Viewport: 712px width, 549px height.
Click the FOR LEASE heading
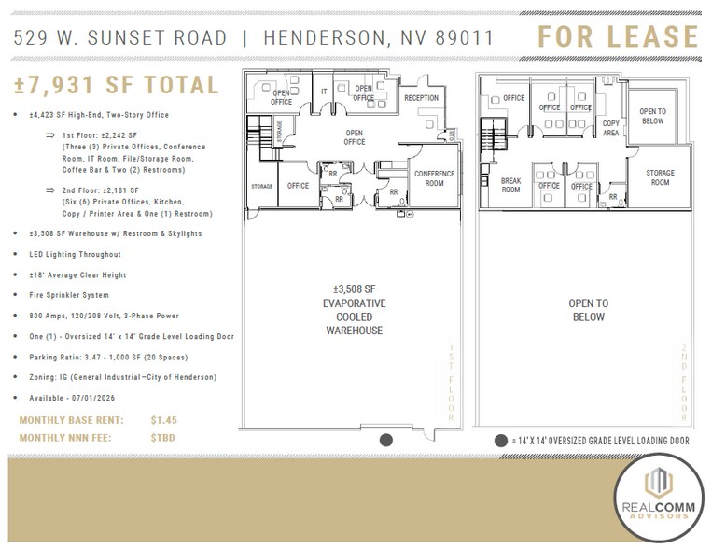coord(617,37)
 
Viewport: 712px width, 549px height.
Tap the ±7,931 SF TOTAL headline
coord(117,86)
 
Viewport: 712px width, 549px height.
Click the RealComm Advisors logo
coord(659,497)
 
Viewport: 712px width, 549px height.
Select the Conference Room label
coord(434,178)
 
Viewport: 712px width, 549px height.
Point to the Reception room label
coord(421,98)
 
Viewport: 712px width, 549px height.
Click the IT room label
coord(324,92)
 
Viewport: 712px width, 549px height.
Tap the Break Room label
coord(510,185)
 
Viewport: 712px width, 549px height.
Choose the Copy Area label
coord(610,128)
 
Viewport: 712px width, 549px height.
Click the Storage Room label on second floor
coord(660,177)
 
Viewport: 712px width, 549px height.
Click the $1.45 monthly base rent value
coord(163,421)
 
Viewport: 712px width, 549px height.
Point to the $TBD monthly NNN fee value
coord(162,437)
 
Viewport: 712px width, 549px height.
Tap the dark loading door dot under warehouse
coord(386,440)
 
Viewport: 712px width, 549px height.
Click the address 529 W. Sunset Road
coord(121,38)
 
